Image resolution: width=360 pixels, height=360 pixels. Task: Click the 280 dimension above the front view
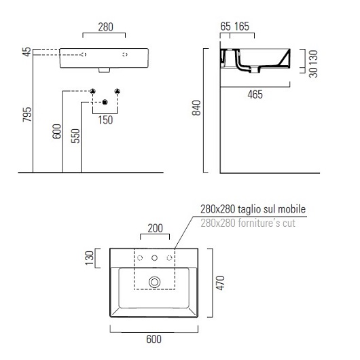point(104,27)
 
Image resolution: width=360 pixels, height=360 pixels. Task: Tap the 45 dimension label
point(26,53)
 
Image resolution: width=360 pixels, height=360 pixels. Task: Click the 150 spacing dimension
point(105,120)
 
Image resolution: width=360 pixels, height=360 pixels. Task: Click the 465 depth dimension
point(255,94)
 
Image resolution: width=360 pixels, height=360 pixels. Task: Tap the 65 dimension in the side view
point(226,27)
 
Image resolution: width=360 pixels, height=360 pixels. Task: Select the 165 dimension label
point(242,27)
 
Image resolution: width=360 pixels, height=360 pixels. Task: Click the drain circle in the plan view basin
point(156,281)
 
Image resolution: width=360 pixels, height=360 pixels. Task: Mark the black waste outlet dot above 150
point(105,102)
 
